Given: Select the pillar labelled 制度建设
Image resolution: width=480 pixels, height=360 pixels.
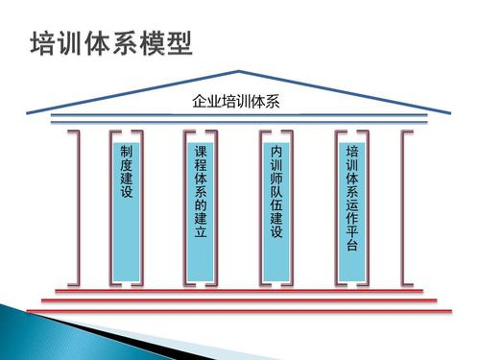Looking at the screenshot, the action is (127, 206).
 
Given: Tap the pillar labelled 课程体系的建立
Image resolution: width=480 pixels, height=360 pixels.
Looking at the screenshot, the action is (201, 206).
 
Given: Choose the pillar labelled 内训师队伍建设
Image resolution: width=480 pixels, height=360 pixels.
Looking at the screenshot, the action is (276, 206).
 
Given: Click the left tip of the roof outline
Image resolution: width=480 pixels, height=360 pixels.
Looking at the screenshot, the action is (29, 114).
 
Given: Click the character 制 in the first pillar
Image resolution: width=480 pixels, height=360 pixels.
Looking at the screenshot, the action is (127, 154).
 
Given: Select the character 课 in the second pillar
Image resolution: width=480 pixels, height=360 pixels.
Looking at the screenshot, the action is (201, 153).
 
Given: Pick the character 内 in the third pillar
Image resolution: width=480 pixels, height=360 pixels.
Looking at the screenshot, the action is (276, 154).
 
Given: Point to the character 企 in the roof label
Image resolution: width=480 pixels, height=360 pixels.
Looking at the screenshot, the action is (199, 100).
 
